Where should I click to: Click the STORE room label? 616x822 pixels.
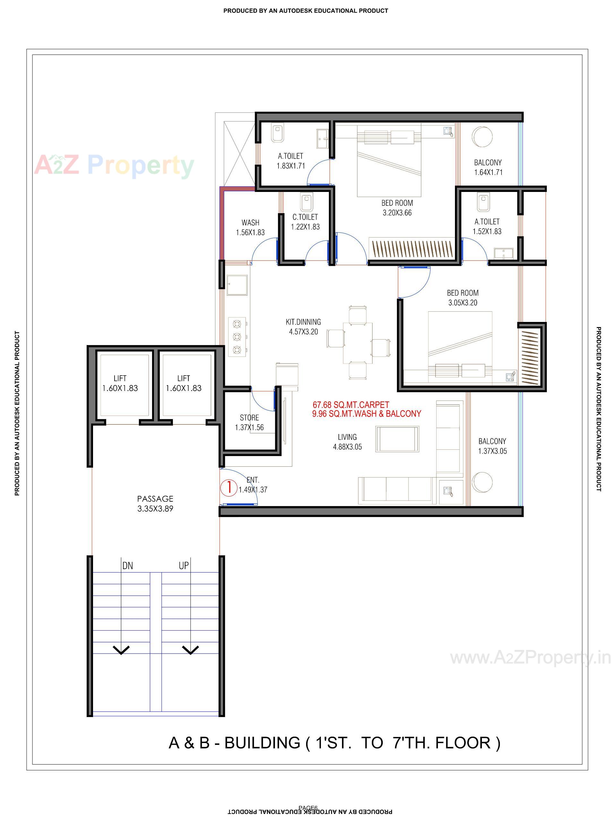pyautogui.click(x=249, y=418)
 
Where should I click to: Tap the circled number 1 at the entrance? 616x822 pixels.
pyautogui.click(x=228, y=487)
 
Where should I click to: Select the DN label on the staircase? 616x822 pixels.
pyautogui.click(x=127, y=566)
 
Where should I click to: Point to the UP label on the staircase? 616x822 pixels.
pyautogui.click(x=184, y=566)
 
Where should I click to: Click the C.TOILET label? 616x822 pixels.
pyautogui.click(x=305, y=217)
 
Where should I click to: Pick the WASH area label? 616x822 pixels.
pyautogui.click(x=251, y=223)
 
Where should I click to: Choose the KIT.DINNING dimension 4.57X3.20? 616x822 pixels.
pyautogui.click(x=304, y=332)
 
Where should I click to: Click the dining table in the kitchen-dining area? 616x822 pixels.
pyautogui.click(x=357, y=342)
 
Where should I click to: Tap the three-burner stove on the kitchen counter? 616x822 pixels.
pyautogui.click(x=237, y=337)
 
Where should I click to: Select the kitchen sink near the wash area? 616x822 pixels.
pyautogui.click(x=237, y=285)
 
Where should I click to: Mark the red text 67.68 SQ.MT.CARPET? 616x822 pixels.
pyautogui.click(x=351, y=405)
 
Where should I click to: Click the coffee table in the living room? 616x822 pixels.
pyautogui.click(x=397, y=439)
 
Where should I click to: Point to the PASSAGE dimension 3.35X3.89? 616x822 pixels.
pyautogui.click(x=155, y=509)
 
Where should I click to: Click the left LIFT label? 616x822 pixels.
pyautogui.click(x=120, y=378)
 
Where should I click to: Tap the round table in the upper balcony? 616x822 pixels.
pyautogui.click(x=482, y=137)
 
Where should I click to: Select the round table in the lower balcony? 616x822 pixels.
pyautogui.click(x=482, y=482)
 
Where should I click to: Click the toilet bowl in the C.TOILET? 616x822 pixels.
pyautogui.click(x=305, y=203)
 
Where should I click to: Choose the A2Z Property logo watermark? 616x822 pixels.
pyautogui.click(x=114, y=165)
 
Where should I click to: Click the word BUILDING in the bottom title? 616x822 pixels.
pyautogui.click(x=262, y=743)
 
